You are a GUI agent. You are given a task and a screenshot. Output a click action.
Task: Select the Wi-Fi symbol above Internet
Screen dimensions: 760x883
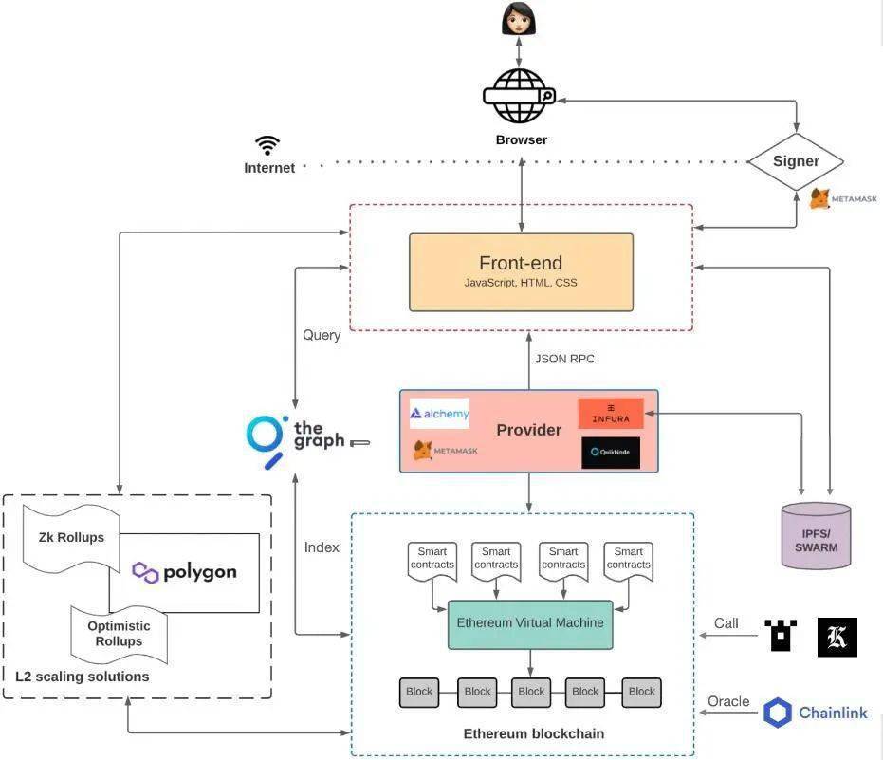(x=267, y=145)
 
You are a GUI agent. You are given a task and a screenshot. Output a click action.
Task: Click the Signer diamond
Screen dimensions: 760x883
(x=795, y=160)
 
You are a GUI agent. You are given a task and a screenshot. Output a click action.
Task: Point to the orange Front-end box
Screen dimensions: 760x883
(x=521, y=271)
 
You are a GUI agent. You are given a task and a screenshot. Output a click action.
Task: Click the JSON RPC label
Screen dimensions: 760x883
(x=564, y=359)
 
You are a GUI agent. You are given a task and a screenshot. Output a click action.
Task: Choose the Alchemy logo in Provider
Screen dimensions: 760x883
(x=439, y=414)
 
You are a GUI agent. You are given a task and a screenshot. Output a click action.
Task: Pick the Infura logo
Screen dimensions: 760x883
(x=611, y=414)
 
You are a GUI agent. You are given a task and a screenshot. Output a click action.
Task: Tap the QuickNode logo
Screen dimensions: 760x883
(x=611, y=453)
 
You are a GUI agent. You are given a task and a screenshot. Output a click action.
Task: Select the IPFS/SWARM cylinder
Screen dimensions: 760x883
(x=816, y=534)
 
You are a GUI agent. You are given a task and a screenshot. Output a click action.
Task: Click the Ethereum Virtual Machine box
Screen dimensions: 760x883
(x=530, y=623)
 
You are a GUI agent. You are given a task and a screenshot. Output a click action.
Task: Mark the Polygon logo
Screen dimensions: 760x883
(x=184, y=572)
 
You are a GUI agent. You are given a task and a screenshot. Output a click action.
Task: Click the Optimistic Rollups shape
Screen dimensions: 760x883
(x=119, y=634)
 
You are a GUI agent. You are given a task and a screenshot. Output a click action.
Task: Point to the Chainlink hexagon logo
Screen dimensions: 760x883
(x=778, y=713)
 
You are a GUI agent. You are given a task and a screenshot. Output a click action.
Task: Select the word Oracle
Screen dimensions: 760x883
(x=728, y=701)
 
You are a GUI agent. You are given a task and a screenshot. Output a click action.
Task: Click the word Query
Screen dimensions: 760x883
(x=322, y=335)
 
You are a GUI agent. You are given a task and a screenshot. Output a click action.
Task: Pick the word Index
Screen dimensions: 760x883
(x=322, y=547)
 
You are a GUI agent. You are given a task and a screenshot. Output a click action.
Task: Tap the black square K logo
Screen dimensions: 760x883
(x=837, y=637)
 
